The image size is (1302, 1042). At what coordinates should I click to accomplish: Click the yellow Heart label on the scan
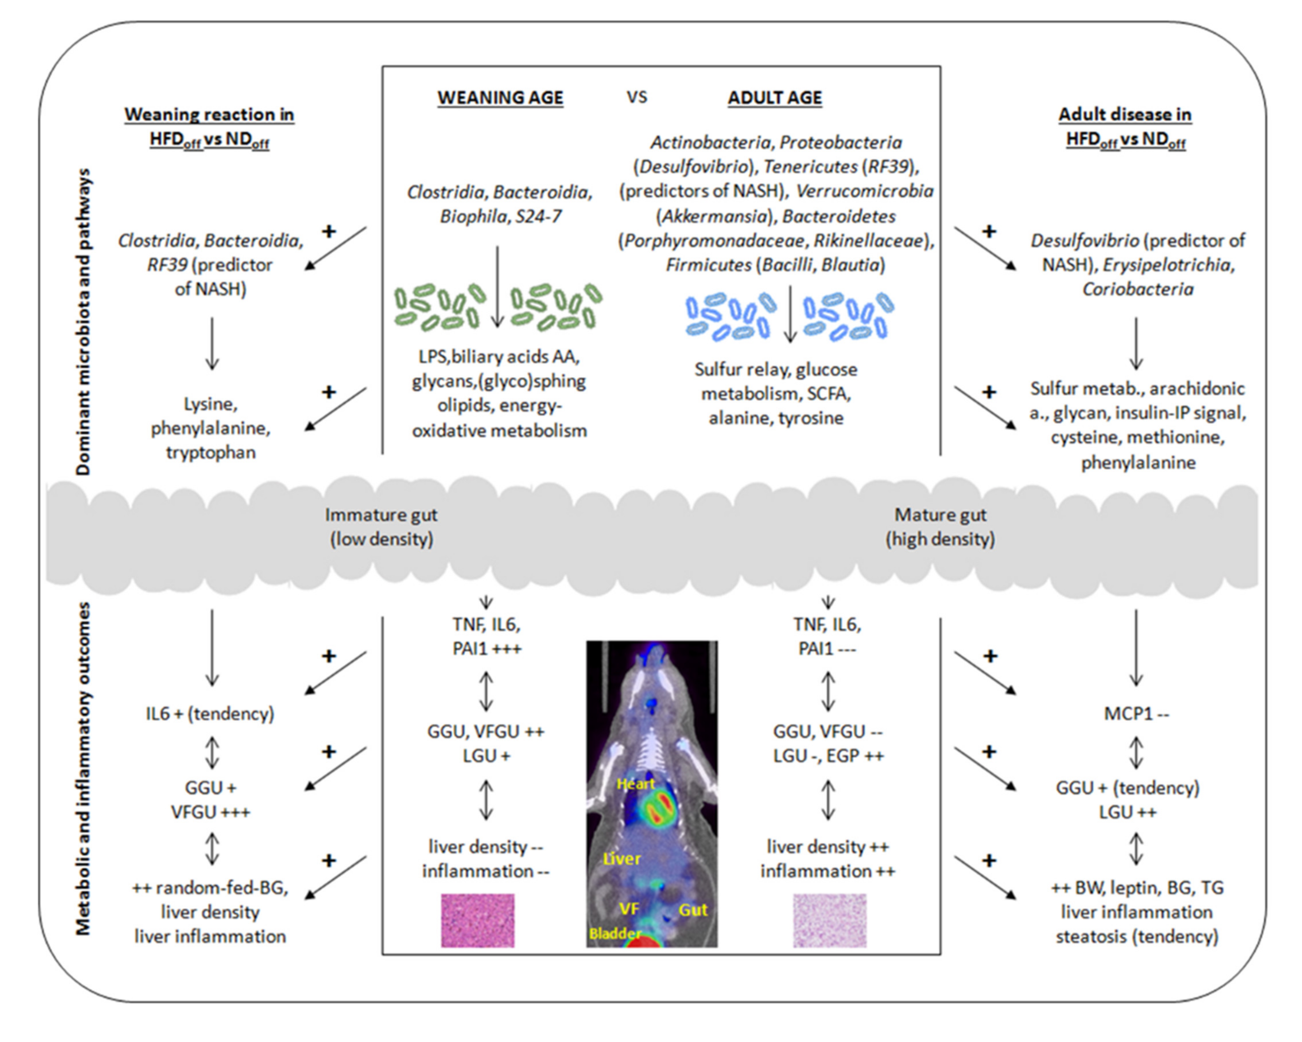635,784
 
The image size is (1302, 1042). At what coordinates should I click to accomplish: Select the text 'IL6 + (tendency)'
210,714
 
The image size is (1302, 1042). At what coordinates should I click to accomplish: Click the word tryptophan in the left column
211,452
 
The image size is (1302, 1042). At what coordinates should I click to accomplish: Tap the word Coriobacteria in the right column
1137,289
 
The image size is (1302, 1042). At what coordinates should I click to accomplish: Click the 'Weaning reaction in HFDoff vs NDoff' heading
210,127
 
